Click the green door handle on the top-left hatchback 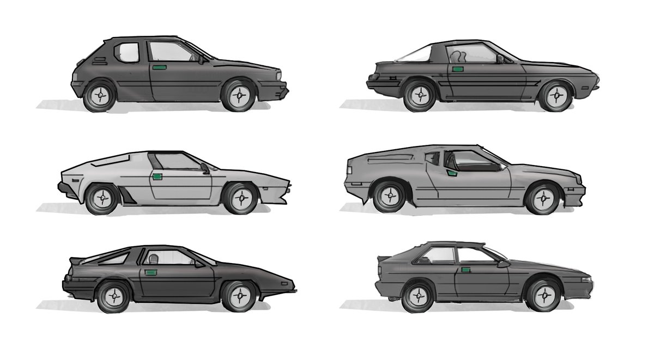tap(160, 68)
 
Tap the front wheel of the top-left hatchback tap(239, 96)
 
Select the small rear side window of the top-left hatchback tap(129, 52)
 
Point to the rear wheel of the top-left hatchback tap(100, 96)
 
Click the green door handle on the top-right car tap(457, 69)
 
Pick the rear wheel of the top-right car tap(420, 96)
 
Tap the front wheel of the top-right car tap(555, 96)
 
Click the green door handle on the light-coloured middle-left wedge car tap(158, 176)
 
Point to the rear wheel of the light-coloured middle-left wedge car tap(101, 199)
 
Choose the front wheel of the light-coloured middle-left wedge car tap(240, 199)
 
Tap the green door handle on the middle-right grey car tap(452, 173)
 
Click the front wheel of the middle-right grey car tap(542, 199)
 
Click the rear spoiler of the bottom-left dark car tap(77, 261)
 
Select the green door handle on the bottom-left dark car tap(150, 272)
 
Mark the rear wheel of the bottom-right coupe tap(417, 297)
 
